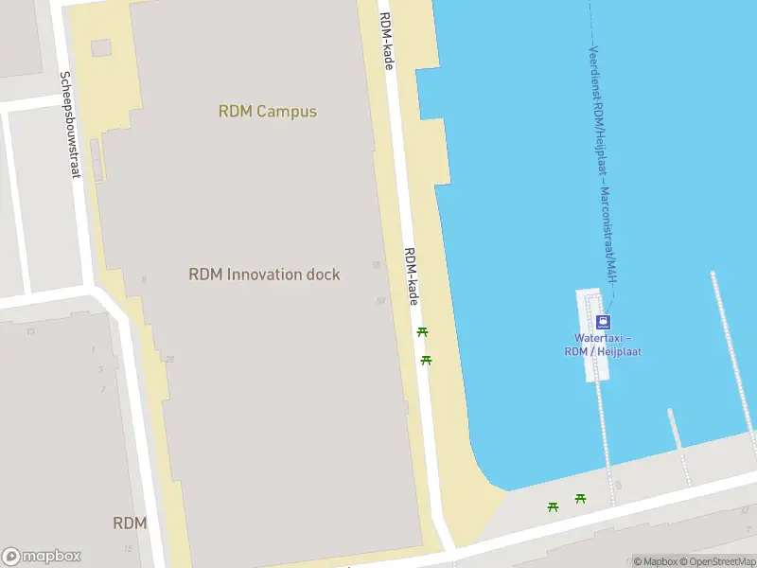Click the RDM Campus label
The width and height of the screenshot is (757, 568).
click(x=268, y=112)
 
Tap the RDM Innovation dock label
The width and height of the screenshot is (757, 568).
click(x=264, y=275)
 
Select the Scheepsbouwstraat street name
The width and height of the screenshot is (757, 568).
click(x=69, y=124)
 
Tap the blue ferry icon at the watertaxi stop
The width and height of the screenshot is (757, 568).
click(x=603, y=322)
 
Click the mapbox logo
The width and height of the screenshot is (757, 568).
click(x=42, y=557)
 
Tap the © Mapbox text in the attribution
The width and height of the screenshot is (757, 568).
click(x=654, y=561)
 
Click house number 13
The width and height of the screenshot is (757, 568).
click(x=31, y=330)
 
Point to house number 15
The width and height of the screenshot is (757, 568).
click(x=128, y=548)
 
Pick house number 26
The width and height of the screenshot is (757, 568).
click(x=169, y=359)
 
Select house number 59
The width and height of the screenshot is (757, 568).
click(x=380, y=301)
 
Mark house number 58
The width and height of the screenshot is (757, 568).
click(x=377, y=266)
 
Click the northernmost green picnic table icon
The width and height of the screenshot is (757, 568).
click(x=422, y=331)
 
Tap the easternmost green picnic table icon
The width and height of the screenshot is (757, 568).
click(x=580, y=498)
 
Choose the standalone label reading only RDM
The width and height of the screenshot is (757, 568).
click(x=130, y=524)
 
